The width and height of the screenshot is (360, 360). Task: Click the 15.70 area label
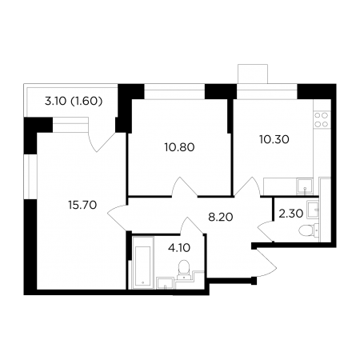[x=82, y=205]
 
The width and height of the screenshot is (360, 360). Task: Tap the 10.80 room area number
[x=180, y=147]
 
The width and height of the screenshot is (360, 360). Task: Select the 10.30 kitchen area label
[x=274, y=139]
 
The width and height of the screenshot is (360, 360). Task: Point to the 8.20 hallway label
[x=221, y=218]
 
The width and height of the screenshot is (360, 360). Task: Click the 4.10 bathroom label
[x=179, y=248]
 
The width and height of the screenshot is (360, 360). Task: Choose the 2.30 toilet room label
[x=291, y=214]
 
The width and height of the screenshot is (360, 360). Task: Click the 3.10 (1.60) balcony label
[x=74, y=102]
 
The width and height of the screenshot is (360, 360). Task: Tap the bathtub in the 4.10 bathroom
[x=143, y=262]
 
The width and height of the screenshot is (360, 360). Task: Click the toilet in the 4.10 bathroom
[x=183, y=269]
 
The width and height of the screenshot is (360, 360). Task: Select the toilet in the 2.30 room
[x=309, y=230]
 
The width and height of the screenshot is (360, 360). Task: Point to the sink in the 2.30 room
[x=313, y=210]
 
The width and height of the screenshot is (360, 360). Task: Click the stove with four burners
[x=321, y=120]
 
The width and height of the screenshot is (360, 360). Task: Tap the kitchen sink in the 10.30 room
[x=305, y=186]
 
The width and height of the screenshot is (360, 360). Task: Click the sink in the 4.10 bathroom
[x=166, y=283]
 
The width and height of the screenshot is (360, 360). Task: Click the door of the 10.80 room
[x=185, y=187]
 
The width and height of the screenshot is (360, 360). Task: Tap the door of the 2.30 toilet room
[x=266, y=231]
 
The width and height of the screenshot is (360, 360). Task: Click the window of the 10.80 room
[x=174, y=91]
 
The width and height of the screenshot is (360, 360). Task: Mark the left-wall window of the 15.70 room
[x=30, y=177]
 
